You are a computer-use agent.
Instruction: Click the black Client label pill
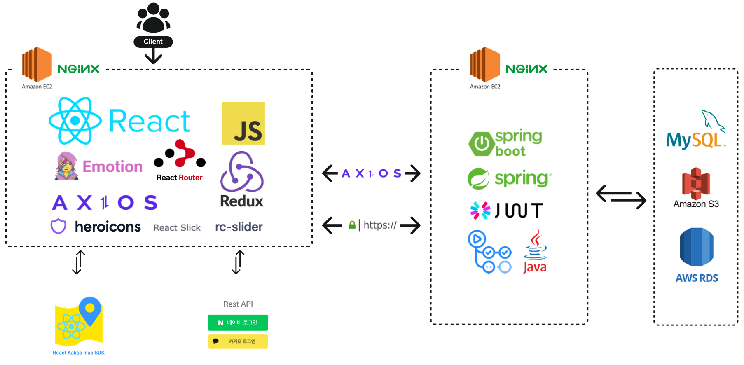pos(153,42)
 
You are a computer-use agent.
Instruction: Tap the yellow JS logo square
pos(243,123)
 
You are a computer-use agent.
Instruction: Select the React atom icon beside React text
pos(75,121)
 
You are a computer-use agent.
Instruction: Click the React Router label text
pos(179,178)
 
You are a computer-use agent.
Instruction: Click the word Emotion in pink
pos(112,166)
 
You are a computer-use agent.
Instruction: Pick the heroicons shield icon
pos(58,226)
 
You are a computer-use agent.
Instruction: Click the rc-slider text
pos(239,227)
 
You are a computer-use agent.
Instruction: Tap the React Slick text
pos(177,228)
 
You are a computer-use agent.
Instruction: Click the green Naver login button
pos(238,323)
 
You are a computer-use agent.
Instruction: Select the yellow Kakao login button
pos(238,341)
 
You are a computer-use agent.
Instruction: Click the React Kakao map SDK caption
pos(78,353)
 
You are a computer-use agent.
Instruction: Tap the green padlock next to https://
pos(352,225)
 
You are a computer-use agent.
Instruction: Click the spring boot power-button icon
pos(481,144)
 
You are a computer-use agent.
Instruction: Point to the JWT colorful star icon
pos(480,211)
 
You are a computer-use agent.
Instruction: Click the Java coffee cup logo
pos(535,251)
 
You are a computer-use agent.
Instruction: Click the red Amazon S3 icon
pos(696,183)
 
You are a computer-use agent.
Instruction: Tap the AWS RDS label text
pos(696,278)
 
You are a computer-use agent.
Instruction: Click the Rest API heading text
pos(238,304)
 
